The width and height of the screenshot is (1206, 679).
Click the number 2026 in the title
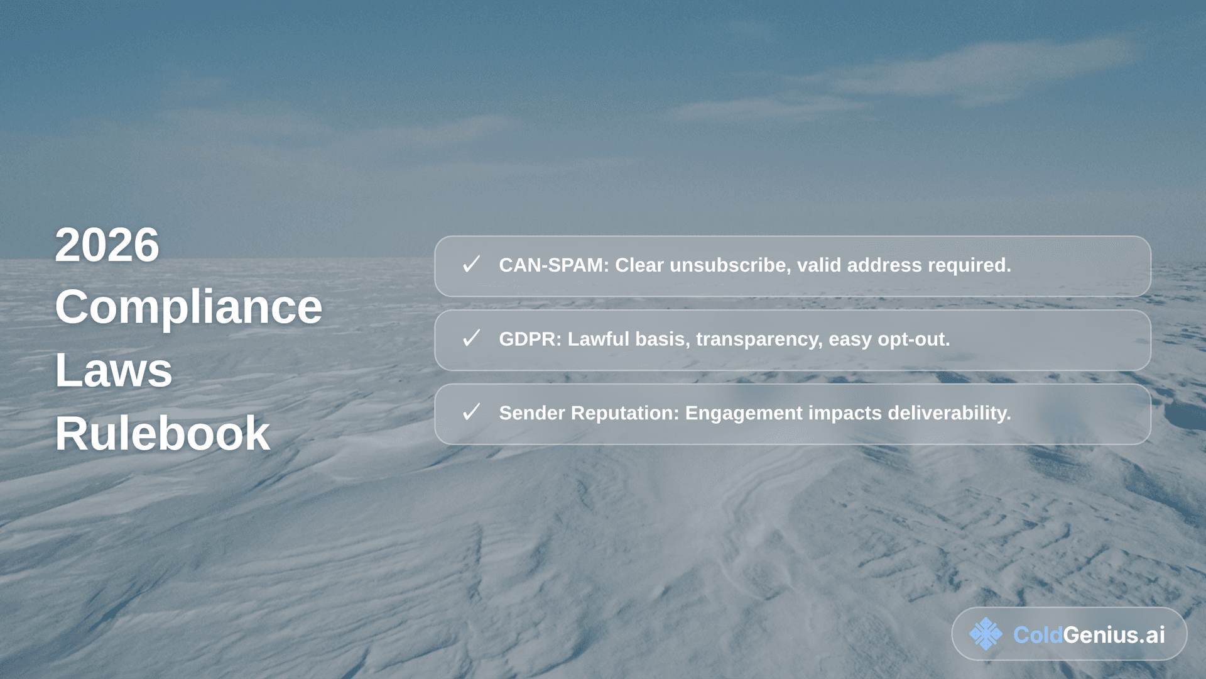coord(107,245)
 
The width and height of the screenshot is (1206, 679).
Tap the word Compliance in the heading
coord(188,307)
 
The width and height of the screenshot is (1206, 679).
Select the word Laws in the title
coord(113,370)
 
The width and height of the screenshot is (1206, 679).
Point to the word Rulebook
coord(162,433)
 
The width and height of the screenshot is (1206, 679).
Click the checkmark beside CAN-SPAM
coord(471,264)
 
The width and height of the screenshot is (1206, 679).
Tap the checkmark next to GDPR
coord(471,338)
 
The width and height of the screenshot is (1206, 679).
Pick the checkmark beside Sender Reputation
coord(471,412)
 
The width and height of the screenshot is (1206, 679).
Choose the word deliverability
coord(949,413)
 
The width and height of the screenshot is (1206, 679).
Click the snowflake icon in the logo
coord(986,634)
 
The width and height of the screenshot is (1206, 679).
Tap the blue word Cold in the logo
coord(1038,635)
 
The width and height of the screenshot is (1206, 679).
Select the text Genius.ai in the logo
coord(1114,635)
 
